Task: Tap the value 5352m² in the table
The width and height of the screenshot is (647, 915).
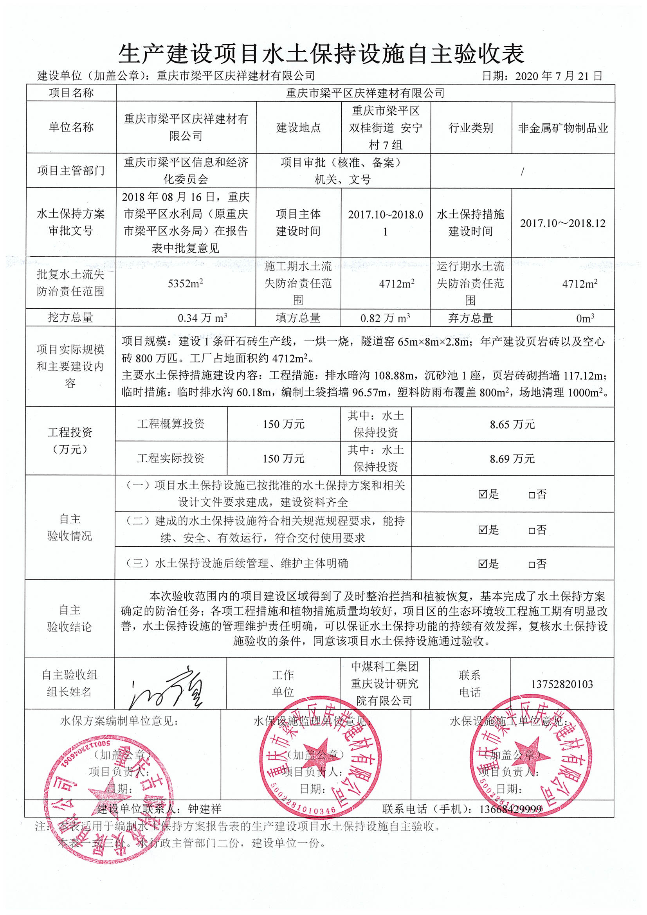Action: tap(186, 284)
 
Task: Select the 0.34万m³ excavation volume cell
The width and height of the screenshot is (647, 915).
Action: tap(202, 318)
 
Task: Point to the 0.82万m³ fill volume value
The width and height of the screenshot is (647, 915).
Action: tap(385, 318)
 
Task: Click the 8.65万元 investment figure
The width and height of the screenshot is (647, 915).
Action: tap(512, 424)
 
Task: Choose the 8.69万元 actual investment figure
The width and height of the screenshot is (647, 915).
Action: tap(512, 459)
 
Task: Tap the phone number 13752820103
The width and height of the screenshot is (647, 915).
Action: tap(562, 684)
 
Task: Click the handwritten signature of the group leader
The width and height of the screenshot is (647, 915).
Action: tap(168, 688)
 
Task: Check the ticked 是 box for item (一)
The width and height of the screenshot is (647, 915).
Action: tap(482, 495)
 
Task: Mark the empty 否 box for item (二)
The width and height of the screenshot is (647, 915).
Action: tap(532, 531)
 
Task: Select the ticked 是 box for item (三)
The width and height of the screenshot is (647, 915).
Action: tap(482, 564)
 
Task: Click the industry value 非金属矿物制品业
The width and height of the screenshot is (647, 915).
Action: tap(563, 128)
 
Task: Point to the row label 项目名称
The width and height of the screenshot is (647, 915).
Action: tap(71, 93)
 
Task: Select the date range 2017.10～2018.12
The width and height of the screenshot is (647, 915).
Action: tap(562, 223)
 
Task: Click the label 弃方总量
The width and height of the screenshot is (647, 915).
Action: tap(470, 318)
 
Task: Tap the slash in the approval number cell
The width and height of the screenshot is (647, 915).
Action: tap(522, 171)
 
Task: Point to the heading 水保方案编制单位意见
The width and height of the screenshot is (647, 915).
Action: tap(119, 720)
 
